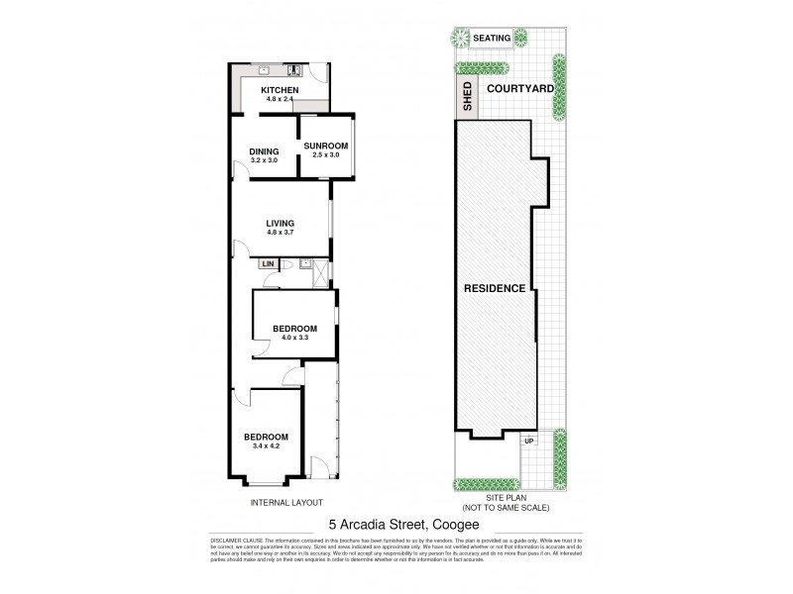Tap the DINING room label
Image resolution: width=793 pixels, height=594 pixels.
tap(264, 150)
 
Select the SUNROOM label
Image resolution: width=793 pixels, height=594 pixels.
tap(326, 145)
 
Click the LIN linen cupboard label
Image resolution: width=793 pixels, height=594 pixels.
tap(268, 264)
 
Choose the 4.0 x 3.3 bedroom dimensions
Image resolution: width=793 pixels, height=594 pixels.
tap(295, 338)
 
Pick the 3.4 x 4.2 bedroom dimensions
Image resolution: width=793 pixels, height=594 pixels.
tap(267, 446)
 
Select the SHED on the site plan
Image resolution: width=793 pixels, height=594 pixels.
tap(466, 96)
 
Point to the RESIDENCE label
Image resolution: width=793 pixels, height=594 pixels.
tap(495, 288)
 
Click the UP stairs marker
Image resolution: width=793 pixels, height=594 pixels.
tap(531, 441)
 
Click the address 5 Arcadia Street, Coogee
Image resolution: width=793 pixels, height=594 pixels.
tap(396, 526)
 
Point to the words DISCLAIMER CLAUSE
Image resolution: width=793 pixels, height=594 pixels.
tap(235, 543)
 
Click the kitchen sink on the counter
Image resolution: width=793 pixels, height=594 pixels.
tap(266, 70)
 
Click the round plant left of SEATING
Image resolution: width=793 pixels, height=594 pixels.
tap(459, 39)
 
